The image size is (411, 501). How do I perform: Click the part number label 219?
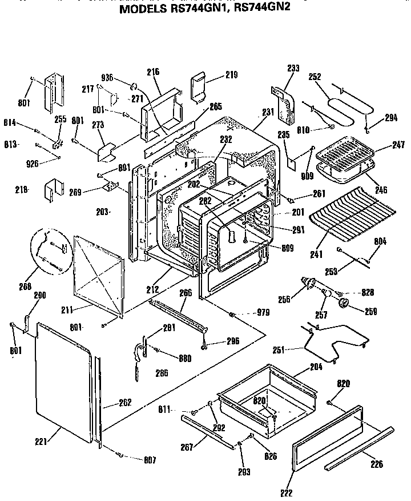(x=215, y=75)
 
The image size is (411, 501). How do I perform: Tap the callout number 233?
(x=293, y=68)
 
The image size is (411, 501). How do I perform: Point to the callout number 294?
(x=390, y=118)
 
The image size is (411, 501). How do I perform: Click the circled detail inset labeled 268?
(x=50, y=249)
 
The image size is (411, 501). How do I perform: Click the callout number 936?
(x=107, y=78)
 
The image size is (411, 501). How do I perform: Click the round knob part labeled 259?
(x=345, y=304)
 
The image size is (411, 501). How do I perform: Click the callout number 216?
(x=153, y=72)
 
